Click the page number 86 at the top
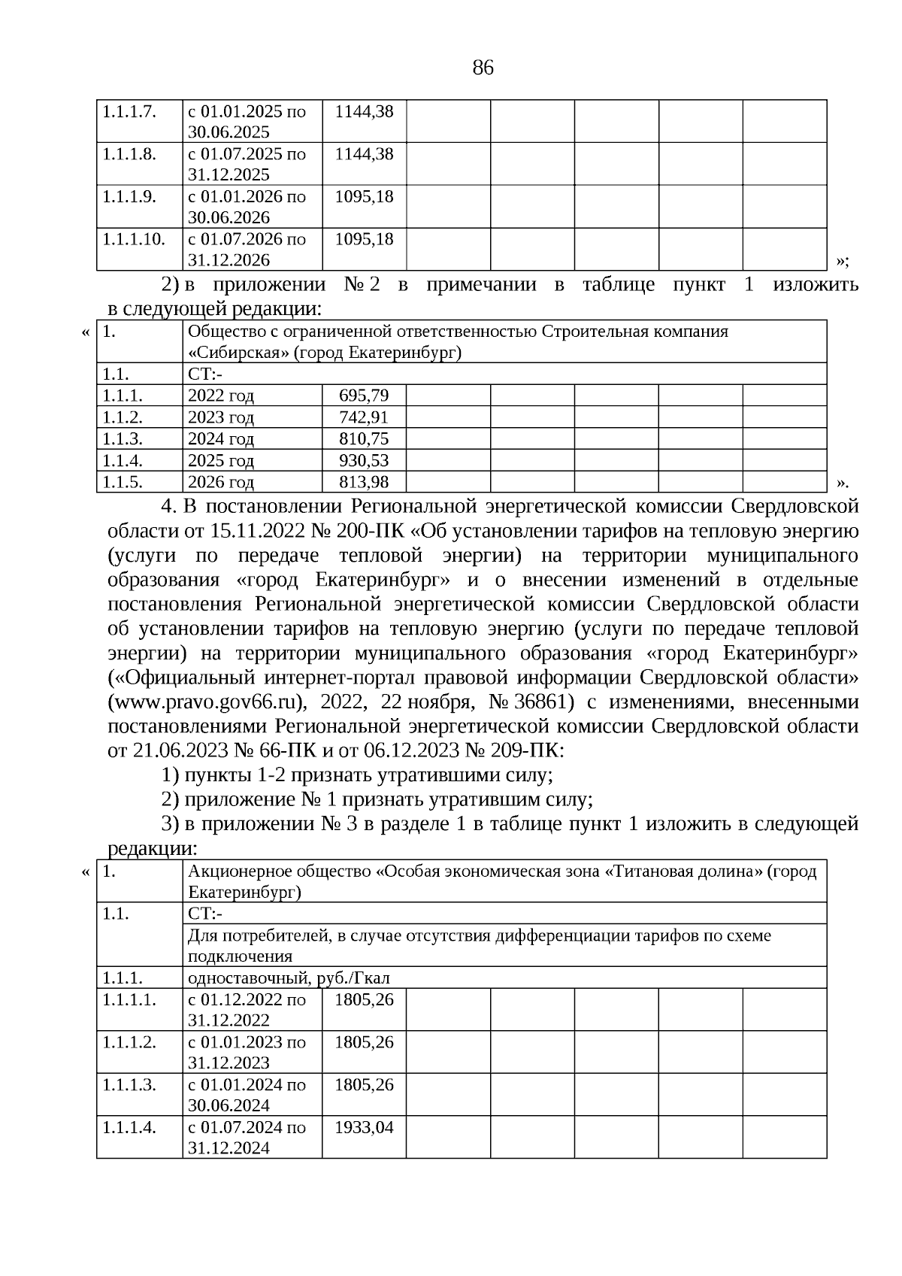(483, 68)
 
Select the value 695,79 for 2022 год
(364, 396)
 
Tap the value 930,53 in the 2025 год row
(364, 460)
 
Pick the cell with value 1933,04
(364, 1128)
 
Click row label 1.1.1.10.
(133, 239)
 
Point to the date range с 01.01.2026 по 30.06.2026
(247, 207)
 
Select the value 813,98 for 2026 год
(364, 482)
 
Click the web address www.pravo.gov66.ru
(207, 703)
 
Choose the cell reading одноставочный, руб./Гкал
(289, 978)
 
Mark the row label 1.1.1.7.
(129, 111)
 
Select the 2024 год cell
(220, 438)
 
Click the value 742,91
(364, 417)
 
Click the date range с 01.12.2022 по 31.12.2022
(247, 1010)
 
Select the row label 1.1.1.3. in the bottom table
(129, 1085)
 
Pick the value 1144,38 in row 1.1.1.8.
(364, 154)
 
